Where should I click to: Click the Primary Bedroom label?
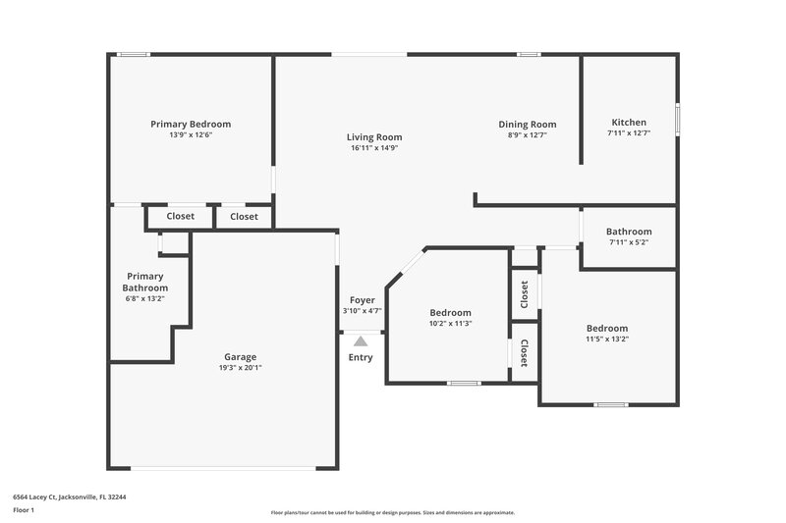pyautogui.click(x=191, y=124)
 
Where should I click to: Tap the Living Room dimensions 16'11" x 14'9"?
pyautogui.click(x=373, y=148)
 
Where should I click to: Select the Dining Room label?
pyautogui.click(x=527, y=124)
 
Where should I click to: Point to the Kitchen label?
pyautogui.click(x=629, y=123)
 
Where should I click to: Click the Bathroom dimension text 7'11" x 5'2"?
pyautogui.click(x=629, y=242)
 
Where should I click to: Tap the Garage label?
pyautogui.click(x=240, y=356)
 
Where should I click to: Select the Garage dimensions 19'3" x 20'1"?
pyautogui.click(x=240, y=368)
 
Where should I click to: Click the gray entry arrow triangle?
pyautogui.click(x=361, y=340)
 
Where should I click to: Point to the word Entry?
pyautogui.click(x=361, y=357)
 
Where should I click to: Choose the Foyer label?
pyautogui.click(x=361, y=300)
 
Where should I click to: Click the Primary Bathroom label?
pyautogui.click(x=145, y=282)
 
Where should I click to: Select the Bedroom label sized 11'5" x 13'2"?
pyautogui.click(x=607, y=328)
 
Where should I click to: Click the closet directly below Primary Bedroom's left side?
pyautogui.click(x=180, y=216)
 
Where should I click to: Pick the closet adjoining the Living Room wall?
pyautogui.click(x=244, y=216)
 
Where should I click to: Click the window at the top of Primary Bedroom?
pyautogui.click(x=133, y=54)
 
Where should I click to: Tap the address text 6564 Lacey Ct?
pyautogui.click(x=69, y=497)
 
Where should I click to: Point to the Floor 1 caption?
pyautogui.click(x=24, y=510)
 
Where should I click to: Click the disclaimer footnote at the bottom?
pyautogui.click(x=392, y=512)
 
